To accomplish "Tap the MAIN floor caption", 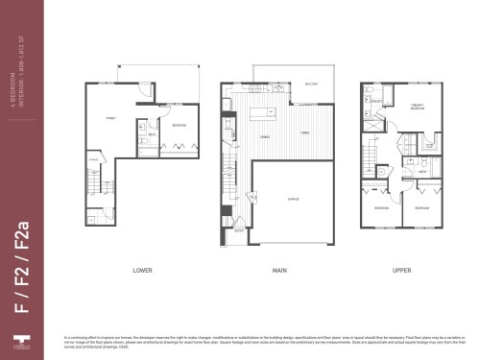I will (x=279, y=271).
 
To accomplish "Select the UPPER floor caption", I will (x=402, y=271).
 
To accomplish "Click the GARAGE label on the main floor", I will (x=293, y=200).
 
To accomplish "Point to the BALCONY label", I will (x=311, y=84).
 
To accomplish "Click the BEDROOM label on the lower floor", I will (x=180, y=126).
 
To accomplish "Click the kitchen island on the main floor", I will (x=259, y=116).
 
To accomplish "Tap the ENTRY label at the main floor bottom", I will (x=238, y=230).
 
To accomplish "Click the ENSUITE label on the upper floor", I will (x=378, y=101).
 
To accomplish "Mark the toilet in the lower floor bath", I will (x=141, y=125).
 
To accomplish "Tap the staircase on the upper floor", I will (x=370, y=154).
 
